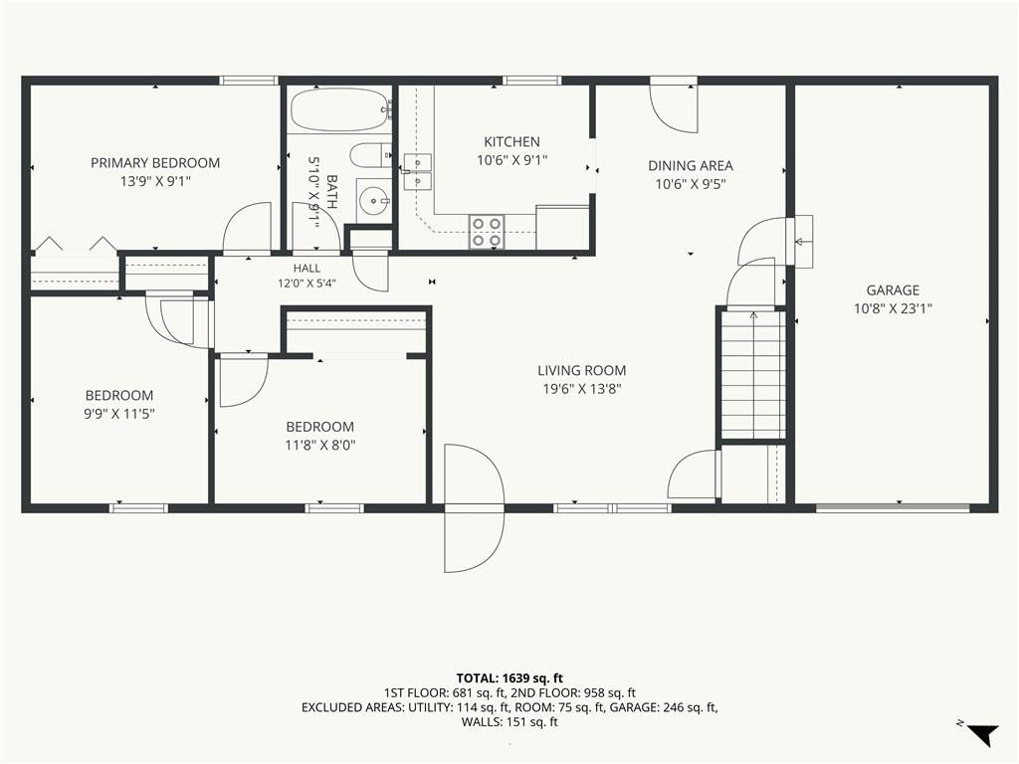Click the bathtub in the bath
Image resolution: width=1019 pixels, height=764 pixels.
[340, 109]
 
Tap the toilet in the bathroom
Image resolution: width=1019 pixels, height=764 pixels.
[370, 156]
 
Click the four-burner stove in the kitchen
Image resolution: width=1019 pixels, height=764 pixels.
[487, 232]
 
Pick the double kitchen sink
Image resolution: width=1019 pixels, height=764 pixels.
[417, 171]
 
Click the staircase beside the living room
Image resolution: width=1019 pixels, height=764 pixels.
[752, 374]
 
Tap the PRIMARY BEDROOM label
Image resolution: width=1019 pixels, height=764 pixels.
[155, 163]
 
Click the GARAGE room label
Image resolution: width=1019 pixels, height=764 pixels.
[893, 290]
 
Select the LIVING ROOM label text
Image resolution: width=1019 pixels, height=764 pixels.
[581, 371]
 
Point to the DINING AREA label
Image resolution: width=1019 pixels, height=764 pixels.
[691, 166]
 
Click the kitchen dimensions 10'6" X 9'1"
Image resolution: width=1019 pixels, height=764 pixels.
[512, 160]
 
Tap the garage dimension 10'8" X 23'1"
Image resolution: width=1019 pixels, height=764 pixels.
[893, 308]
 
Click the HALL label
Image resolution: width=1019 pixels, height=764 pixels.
[306, 269]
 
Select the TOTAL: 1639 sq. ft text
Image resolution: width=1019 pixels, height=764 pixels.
[509, 678]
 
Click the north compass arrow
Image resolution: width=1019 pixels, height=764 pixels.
[982, 733]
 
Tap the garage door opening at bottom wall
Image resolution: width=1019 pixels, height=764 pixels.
[893, 507]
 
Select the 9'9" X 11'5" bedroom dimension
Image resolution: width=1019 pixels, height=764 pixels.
[119, 414]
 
